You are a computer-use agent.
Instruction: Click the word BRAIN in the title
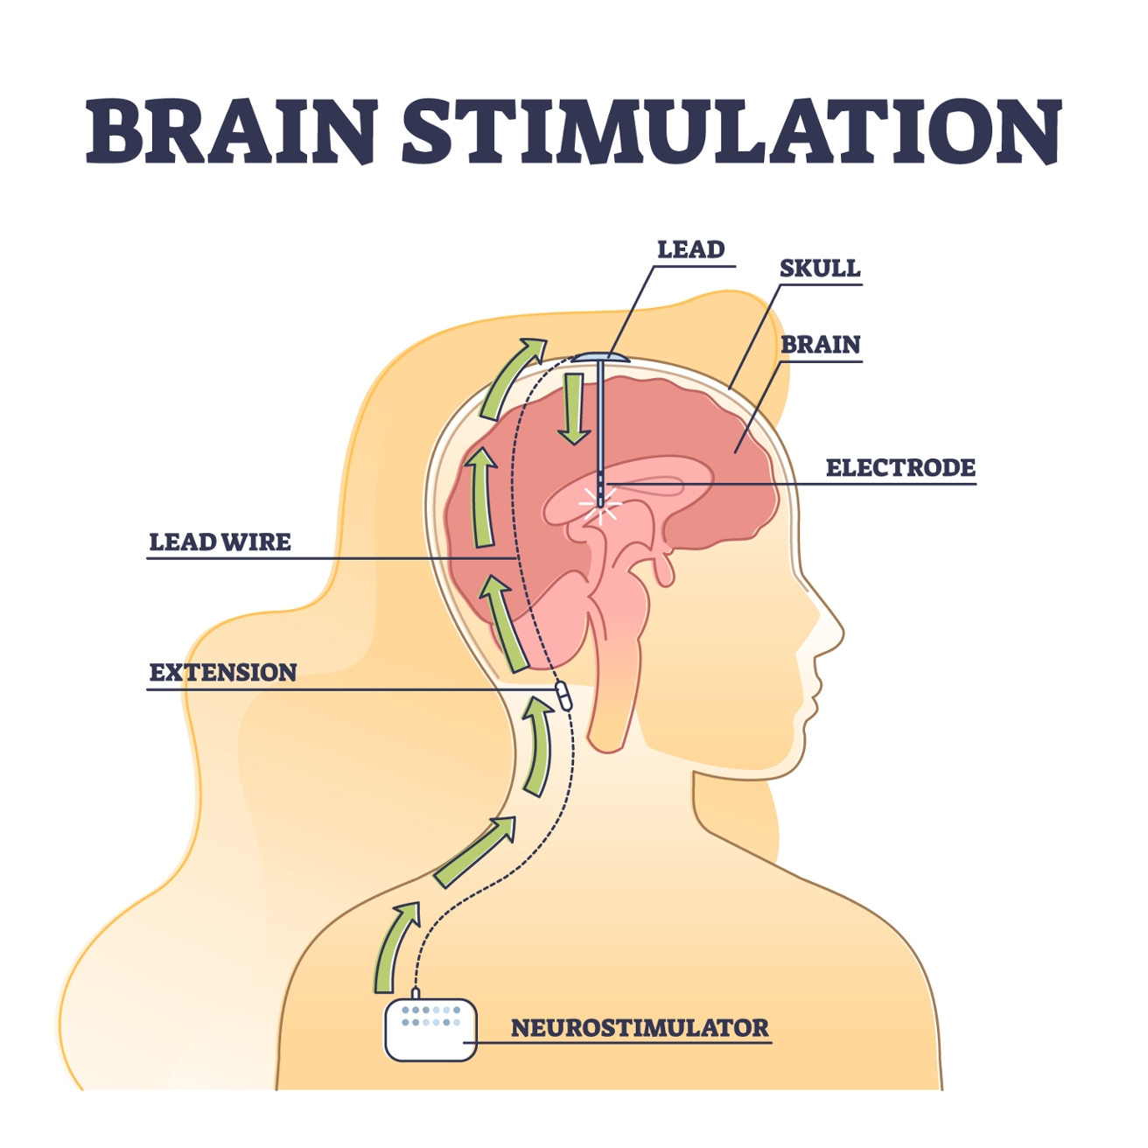(x=232, y=131)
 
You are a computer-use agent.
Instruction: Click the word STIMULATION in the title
(x=732, y=131)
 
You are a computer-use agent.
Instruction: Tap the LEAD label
(x=690, y=249)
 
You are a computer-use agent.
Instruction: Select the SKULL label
(x=820, y=269)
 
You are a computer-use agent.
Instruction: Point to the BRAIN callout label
(x=821, y=345)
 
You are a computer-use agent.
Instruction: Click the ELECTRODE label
(x=900, y=467)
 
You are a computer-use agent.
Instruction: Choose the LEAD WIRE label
(x=220, y=542)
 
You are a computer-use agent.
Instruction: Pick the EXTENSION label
(x=223, y=673)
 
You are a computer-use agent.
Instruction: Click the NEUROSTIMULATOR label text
(x=640, y=1027)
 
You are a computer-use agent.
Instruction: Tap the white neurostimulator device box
(x=430, y=1029)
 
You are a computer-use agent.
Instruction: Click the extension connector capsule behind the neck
(x=563, y=696)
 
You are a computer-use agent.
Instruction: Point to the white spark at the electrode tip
(x=600, y=505)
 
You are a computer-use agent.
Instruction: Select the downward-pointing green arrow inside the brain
(x=574, y=409)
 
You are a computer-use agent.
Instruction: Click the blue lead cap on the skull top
(x=600, y=357)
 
